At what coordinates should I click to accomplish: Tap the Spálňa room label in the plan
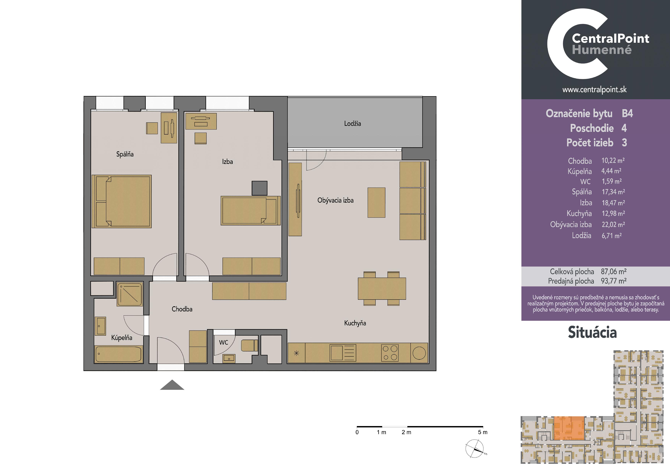[x=125, y=154]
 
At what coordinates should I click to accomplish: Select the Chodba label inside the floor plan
[x=182, y=309]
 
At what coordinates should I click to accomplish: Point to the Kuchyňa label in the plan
[x=355, y=323]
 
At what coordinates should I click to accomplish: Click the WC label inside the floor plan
[x=223, y=342]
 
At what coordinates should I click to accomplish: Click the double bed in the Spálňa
[x=122, y=201]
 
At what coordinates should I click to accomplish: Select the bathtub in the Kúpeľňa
[x=118, y=354]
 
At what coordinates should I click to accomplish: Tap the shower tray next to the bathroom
[x=129, y=294]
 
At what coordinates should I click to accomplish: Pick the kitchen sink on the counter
[x=343, y=353]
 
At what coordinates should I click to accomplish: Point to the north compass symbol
[x=475, y=449]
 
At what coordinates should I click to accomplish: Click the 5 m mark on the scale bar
[x=483, y=432]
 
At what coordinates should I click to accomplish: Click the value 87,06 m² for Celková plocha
[x=614, y=272]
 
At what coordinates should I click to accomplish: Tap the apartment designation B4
[x=627, y=113]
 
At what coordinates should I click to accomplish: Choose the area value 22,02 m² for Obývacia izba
[x=613, y=224]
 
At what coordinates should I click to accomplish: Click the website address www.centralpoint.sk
[x=594, y=90]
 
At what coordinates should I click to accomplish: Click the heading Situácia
[x=592, y=333]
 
